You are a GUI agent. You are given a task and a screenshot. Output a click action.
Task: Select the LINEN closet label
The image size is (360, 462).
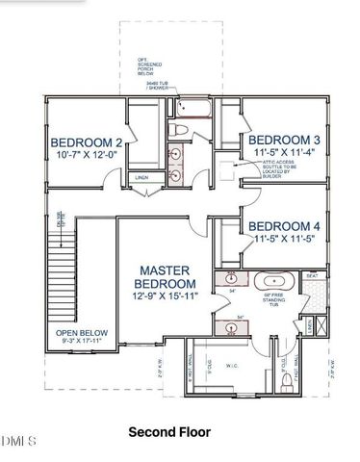pos(141,178)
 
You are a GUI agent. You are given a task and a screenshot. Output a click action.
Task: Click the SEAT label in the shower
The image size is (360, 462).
pos(311,276)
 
